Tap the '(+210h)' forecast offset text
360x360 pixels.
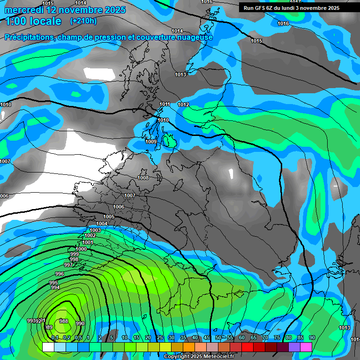pyautogui.click(x=83, y=21)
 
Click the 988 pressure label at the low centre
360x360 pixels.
pyautogui.click(x=64, y=321)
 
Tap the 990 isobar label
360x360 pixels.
pyautogui.click(x=80, y=323)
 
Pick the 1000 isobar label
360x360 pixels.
pyautogui.click(x=81, y=249)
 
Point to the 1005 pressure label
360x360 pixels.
pyautogui.click(x=109, y=217)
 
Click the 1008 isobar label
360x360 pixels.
pyautogui.click(x=143, y=178)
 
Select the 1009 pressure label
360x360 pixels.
pyautogui.click(x=151, y=142)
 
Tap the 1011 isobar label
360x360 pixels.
pyautogui.click(x=165, y=104)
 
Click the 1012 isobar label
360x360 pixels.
pyautogui.click(x=183, y=105)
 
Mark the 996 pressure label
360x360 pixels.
pyautogui.click(x=60, y=274)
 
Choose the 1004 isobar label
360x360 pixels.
pyautogui.click(x=102, y=224)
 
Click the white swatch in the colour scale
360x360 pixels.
pyautogui.click(x=48, y=347)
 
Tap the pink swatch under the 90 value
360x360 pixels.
pyautogui.click(x=306, y=347)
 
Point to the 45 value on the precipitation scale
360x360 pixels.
pyautogui.click(x=207, y=338)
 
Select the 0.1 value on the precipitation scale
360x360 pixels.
pyautogui.click(x=55, y=338)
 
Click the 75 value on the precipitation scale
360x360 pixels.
pyautogui.click(x=277, y=338)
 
